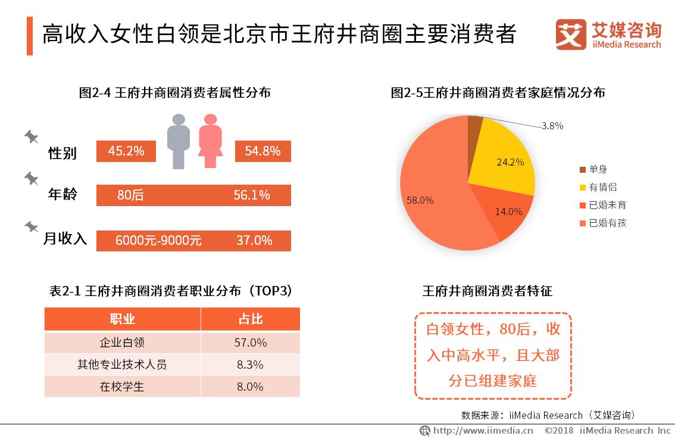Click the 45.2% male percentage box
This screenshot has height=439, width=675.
point(126,151)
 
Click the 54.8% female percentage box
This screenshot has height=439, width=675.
point(262,151)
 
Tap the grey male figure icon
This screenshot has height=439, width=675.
point(178,141)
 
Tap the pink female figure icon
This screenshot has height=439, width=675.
point(210,141)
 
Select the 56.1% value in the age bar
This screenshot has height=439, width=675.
point(251,195)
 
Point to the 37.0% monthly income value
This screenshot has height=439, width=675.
point(254,241)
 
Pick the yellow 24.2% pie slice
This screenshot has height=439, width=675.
point(503,158)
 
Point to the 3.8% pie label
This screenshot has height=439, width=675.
point(552,126)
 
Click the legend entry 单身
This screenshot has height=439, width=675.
point(598,170)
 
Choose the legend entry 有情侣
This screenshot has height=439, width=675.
point(602,188)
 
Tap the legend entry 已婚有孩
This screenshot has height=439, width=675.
point(607,223)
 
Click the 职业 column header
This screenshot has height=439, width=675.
point(122,319)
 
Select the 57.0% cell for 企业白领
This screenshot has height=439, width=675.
point(250,343)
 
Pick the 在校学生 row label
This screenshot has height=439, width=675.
point(122,387)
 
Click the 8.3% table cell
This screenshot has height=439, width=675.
point(250,365)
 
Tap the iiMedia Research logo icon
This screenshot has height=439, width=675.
point(570,35)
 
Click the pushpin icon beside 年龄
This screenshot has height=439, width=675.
point(31,178)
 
